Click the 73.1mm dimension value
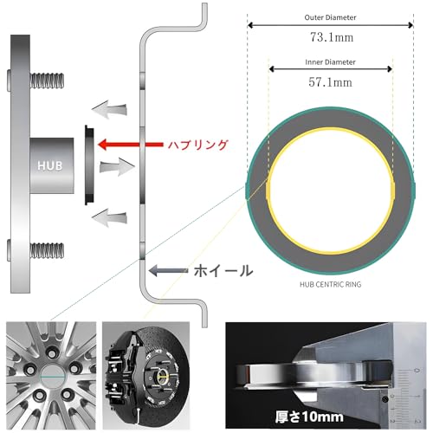click(332, 37)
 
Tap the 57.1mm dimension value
click(330, 82)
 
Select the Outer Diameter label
click(330, 17)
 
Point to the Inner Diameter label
click(330, 62)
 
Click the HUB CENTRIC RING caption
click(330, 285)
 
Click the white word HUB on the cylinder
click(50, 165)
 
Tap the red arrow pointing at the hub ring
click(131, 145)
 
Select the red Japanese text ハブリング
click(198, 145)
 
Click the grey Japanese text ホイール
click(223, 271)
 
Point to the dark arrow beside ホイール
click(168, 270)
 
